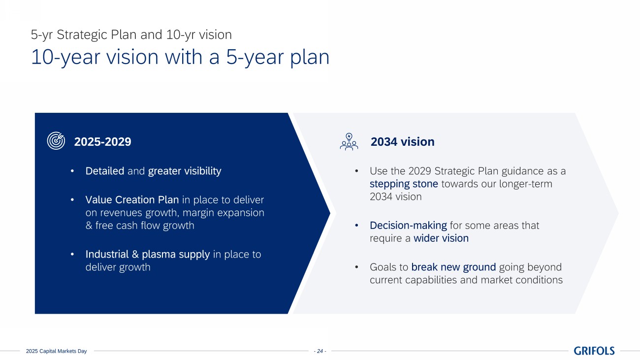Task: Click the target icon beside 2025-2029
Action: (x=56, y=140)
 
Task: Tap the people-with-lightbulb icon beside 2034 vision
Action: (x=349, y=141)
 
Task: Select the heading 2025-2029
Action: (x=102, y=142)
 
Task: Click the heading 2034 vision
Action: (x=402, y=142)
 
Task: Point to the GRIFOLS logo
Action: (x=594, y=351)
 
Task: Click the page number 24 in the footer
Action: (x=320, y=351)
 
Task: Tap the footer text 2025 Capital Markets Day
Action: (x=56, y=351)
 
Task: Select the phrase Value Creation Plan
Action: (x=132, y=200)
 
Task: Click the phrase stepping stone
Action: (x=404, y=184)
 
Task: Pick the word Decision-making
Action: (x=408, y=226)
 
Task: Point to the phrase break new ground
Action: (x=453, y=267)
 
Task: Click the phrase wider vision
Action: (x=441, y=238)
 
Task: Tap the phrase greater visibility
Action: (x=185, y=171)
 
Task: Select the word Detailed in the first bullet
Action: (x=104, y=171)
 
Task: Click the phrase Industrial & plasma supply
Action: (x=147, y=254)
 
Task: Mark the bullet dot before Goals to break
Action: (x=356, y=267)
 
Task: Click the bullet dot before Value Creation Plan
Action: (x=72, y=200)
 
